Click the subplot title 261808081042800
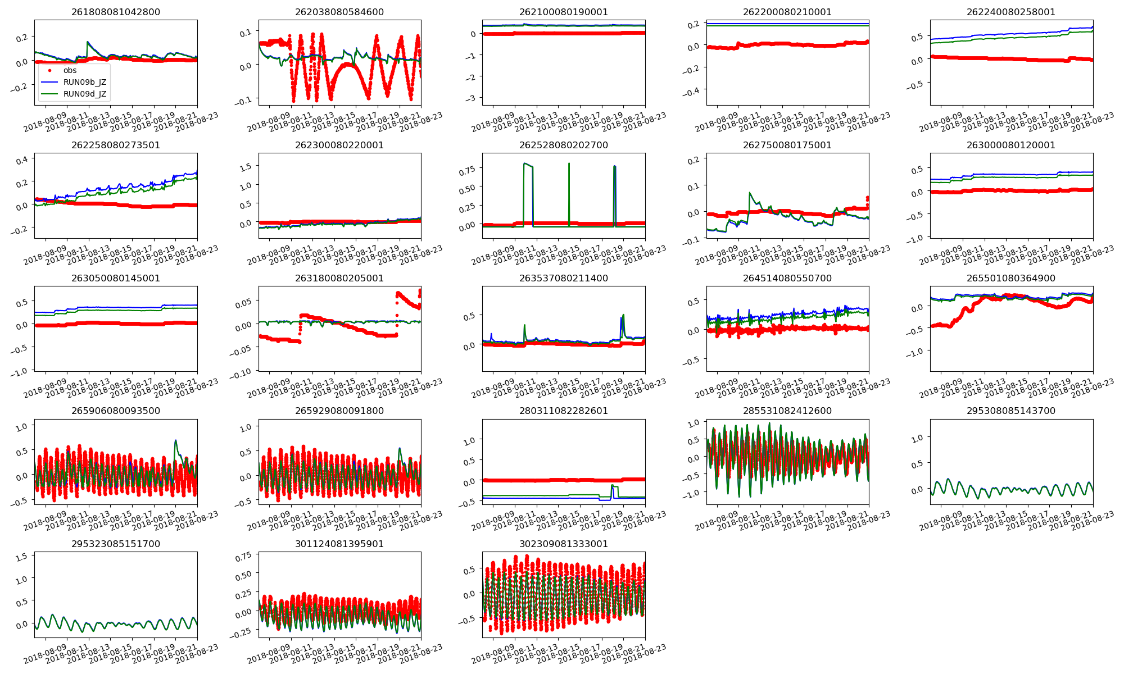click(115, 12)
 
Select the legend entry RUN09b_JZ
click(84, 82)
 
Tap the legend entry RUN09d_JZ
click(84, 94)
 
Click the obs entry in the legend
click(70, 70)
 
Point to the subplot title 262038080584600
click(339, 12)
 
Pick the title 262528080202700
click(563, 145)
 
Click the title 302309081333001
click(563, 544)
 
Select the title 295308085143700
click(1011, 411)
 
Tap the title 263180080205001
click(339, 278)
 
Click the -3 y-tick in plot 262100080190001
click(472, 98)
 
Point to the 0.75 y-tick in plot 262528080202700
click(467, 169)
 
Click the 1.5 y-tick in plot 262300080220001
click(245, 166)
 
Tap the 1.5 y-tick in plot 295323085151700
click(21, 557)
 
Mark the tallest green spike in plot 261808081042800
click(88, 42)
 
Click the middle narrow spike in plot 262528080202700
click(569, 164)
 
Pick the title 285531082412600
click(787, 411)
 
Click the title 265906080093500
click(115, 411)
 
